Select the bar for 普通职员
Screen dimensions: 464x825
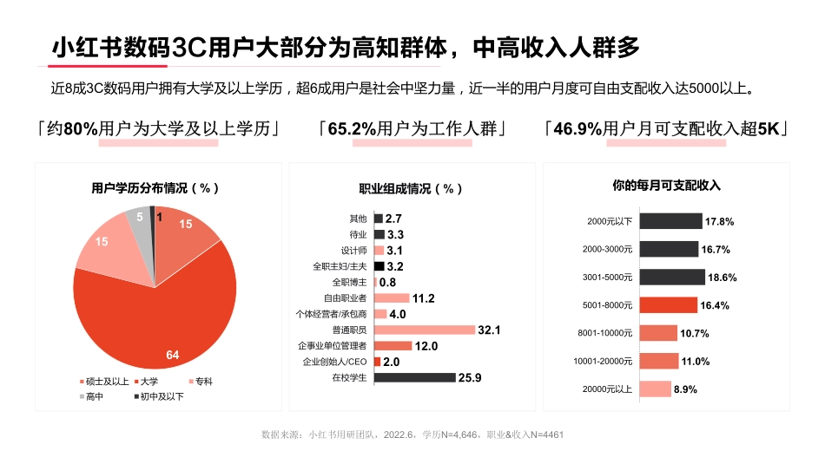pyautogui.click(x=425, y=330)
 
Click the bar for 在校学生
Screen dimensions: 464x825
pyautogui.click(x=414, y=377)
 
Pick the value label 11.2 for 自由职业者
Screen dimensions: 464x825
pyautogui.click(x=423, y=298)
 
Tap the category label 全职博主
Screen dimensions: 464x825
pyautogui.click(x=350, y=283)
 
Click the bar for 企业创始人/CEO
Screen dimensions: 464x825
pyautogui.click(x=378, y=362)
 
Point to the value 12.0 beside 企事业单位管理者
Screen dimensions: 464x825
pyautogui.click(x=426, y=346)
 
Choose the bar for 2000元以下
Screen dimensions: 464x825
pyautogui.click(x=669, y=221)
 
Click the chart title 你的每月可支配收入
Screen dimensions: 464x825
pyautogui.click(x=666, y=185)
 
